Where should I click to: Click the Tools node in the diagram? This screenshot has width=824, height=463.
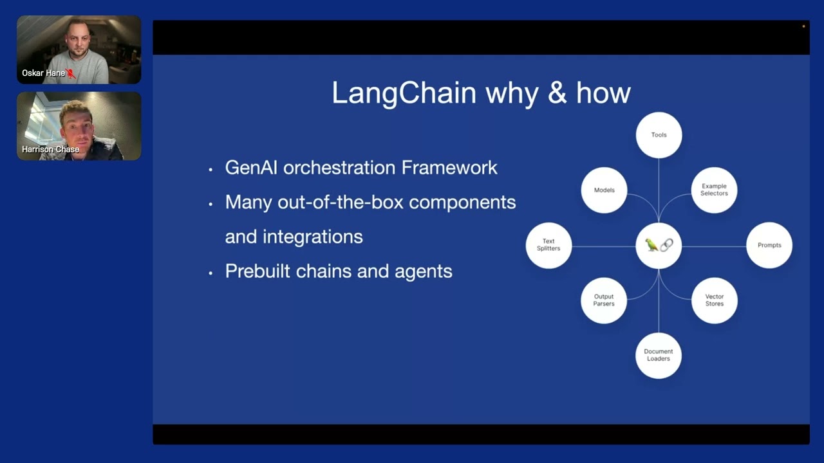tap(659, 135)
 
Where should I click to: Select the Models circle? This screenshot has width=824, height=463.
tap(604, 190)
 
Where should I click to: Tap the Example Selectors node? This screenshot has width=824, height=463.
tap(714, 190)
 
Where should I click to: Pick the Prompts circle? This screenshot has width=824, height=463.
tap(769, 245)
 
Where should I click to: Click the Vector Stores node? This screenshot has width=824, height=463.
tap(714, 300)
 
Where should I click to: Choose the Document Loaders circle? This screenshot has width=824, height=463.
tap(659, 355)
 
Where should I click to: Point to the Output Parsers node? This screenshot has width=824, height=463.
tap(604, 300)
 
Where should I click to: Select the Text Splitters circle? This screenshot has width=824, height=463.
tap(548, 245)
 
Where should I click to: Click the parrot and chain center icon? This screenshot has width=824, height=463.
tap(659, 245)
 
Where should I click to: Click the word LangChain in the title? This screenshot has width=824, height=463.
tap(404, 94)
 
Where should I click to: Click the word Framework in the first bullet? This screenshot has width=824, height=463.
tap(449, 168)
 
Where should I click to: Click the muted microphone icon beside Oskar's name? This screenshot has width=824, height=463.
tap(71, 74)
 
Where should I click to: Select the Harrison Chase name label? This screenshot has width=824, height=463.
tap(50, 149)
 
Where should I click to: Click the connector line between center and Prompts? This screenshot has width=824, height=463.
tap(713, 246)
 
